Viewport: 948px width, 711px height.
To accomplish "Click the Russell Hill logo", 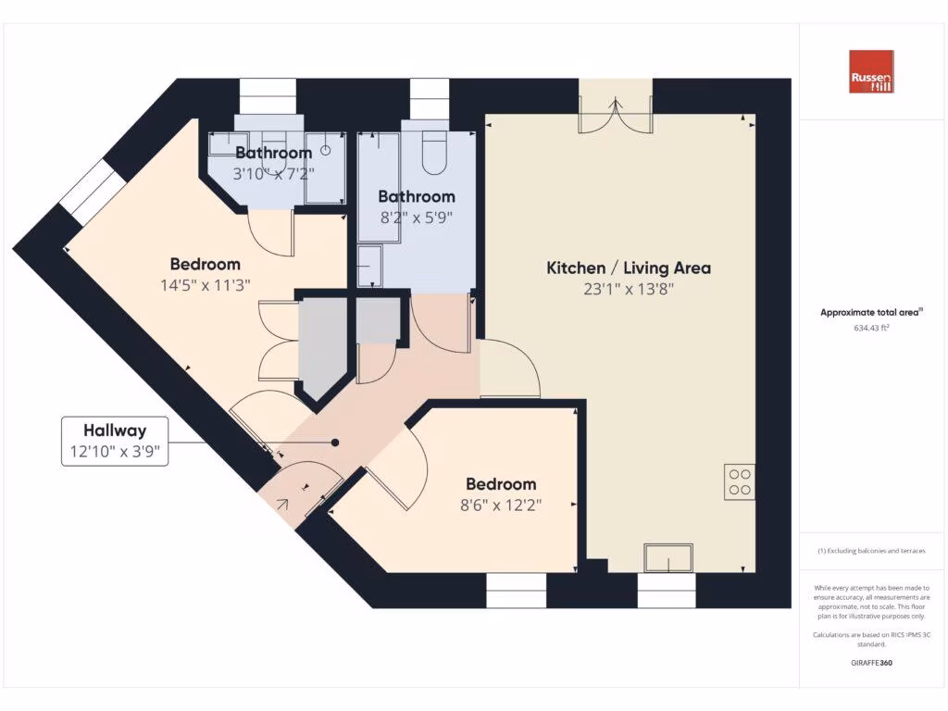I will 871,71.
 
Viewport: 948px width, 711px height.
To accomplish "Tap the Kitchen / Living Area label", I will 629,268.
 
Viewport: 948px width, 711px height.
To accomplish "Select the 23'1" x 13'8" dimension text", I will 629,289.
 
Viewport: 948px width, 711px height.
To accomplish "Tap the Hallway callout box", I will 115,441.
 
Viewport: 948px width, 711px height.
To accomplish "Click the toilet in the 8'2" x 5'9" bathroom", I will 434,153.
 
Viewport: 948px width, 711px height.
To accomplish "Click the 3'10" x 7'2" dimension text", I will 273,172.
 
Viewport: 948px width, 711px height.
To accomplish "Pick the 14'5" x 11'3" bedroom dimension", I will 206,285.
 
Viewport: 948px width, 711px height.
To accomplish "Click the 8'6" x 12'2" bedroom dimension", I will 501,505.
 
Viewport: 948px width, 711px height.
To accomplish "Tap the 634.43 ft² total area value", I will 871,328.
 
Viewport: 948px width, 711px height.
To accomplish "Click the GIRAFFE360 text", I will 871,663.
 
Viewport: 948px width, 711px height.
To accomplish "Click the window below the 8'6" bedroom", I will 517,590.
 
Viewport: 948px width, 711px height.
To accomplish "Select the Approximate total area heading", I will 871,313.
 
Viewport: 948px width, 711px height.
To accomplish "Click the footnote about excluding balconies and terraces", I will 871,551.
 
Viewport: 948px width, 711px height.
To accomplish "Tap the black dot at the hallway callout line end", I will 335,443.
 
